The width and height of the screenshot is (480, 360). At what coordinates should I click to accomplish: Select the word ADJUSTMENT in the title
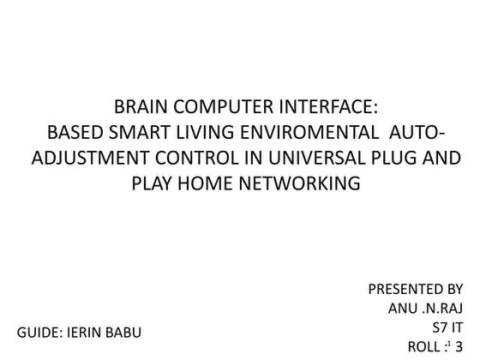82,159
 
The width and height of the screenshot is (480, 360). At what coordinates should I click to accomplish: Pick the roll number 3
459,345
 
